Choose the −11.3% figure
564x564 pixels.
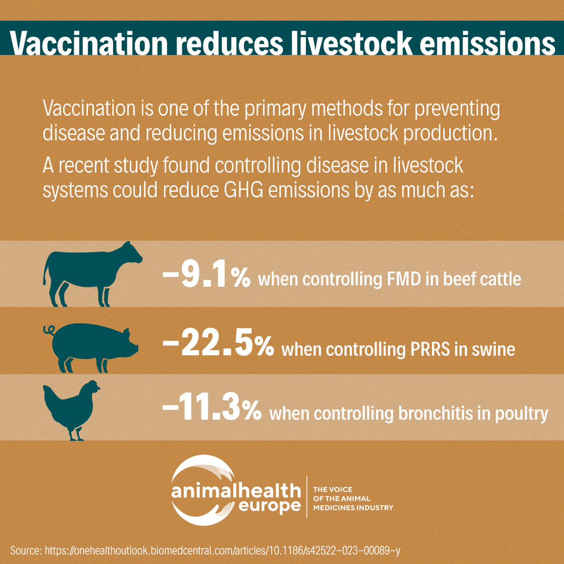tap(212, 411)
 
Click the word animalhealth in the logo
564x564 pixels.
tap(236, 491)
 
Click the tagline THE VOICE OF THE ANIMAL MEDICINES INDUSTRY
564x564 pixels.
tap(353, 498)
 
